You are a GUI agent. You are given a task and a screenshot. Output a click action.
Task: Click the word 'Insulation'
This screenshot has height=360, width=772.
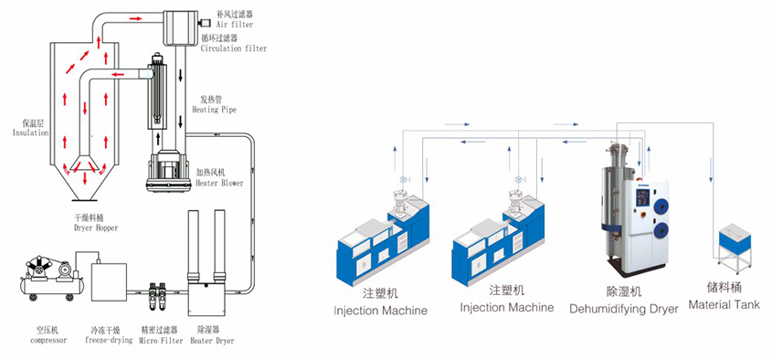(x=30, y=132)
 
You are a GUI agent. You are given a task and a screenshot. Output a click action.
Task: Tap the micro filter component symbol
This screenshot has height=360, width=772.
(x=157, y=283)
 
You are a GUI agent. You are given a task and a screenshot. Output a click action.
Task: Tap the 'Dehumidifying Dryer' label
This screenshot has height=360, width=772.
(x=624, y=309)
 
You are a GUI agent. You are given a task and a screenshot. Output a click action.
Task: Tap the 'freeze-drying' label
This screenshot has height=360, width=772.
(x=109, y=340)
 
